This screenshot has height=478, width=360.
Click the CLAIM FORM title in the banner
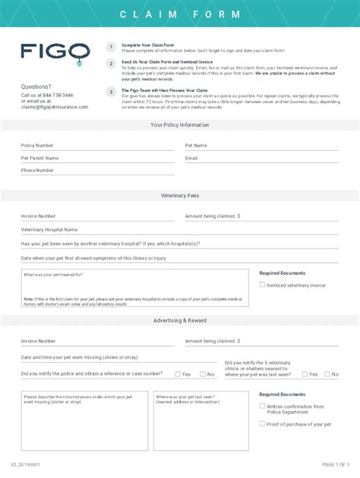(180, 14)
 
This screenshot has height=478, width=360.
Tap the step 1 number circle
(111, 47)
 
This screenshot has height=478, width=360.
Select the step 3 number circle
(111, 92)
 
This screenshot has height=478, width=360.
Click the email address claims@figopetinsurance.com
(55, 107)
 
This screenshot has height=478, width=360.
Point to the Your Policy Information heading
(180, 124)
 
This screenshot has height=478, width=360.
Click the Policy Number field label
(37, 145)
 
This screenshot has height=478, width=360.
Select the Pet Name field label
(196, 145)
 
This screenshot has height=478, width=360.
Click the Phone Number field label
(38, 171)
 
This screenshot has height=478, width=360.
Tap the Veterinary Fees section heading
(180, 196)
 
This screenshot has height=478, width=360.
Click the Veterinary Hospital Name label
(49, 229)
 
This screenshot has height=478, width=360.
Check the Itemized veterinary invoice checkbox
(263, 285)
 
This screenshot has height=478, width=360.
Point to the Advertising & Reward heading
(180, 321)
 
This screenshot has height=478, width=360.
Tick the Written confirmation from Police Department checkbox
(263, 406)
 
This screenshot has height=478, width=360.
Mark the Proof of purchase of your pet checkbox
(263, 424)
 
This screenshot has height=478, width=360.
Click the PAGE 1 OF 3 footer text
(336, 464)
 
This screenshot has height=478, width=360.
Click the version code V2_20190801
(26, 464)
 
